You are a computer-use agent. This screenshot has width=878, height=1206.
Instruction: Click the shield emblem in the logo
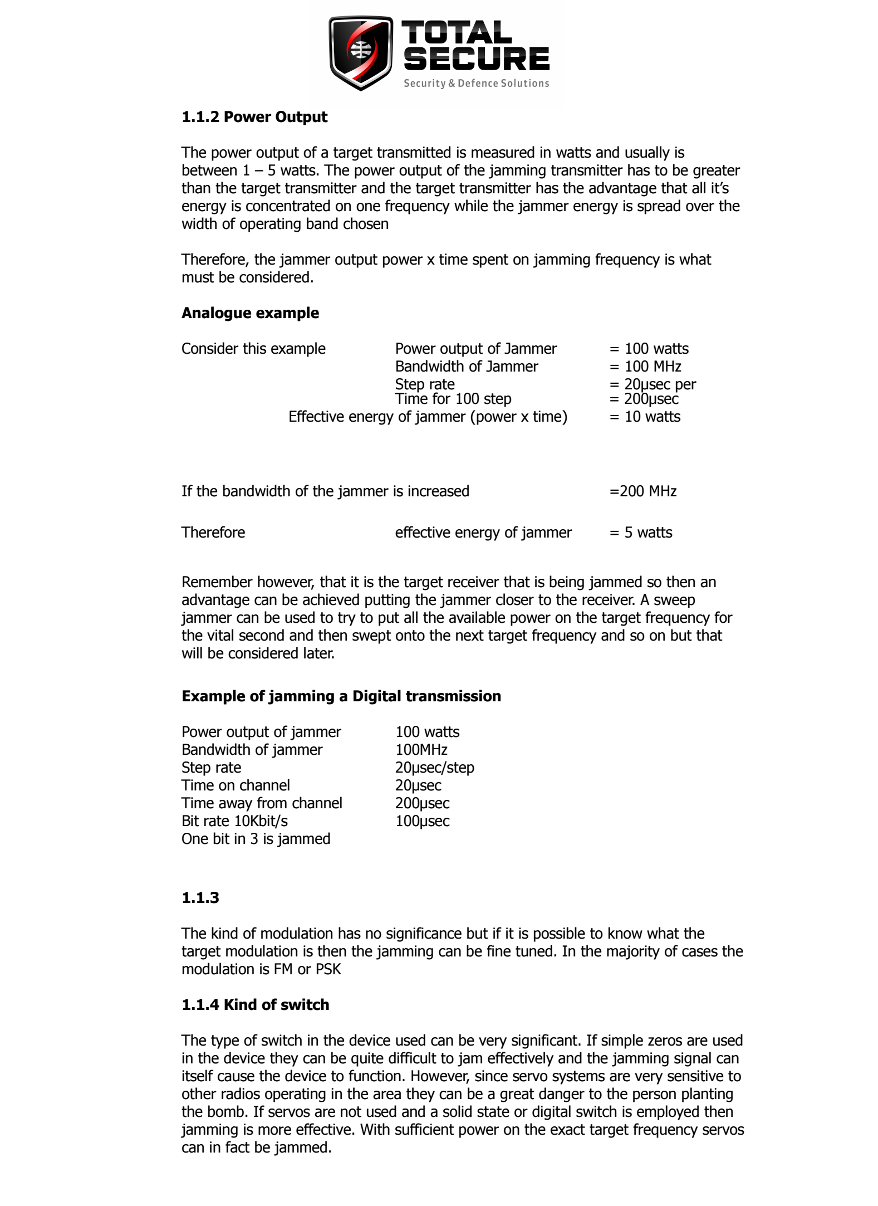(x=361, y=52)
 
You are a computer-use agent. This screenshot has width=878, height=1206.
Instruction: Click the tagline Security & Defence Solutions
(x=476, y=84)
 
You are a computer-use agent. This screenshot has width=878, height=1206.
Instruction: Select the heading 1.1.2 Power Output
(x=254, y=117)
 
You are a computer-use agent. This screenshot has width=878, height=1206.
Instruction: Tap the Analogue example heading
(x=250, y=313)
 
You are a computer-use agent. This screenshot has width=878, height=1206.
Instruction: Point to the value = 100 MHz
(x=645, y=367)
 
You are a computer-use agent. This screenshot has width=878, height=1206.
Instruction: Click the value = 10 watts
(x=645, y=417)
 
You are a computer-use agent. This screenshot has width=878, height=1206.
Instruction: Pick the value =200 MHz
(x=643, y=491)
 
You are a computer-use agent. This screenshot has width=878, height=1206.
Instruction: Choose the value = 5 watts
(x=641, y=533)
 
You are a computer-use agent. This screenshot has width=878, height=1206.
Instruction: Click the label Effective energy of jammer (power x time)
(x=428, y=417)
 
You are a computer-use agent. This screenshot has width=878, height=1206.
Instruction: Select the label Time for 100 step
(x=453, y=399)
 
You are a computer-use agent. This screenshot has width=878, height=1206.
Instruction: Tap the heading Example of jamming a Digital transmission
(x=341, y=696)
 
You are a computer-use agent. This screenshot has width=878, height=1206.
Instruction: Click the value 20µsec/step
(x=435, y=768)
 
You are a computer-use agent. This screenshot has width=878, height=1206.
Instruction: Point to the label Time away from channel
(x=262, y=803)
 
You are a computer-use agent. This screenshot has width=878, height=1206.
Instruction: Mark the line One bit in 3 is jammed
(x=256, y=839)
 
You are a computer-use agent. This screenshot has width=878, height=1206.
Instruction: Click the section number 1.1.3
(x=200, y=898)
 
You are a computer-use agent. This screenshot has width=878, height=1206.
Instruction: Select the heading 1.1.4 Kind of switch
(x=256, y=1005)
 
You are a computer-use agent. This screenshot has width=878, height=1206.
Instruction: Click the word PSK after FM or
(x=328, y=969)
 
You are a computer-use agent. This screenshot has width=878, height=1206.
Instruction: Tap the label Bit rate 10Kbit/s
(x=235, y=821)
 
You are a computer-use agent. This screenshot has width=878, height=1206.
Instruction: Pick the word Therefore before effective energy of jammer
(x=213, y=533)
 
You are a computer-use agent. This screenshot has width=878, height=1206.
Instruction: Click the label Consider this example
(x=253, y=349)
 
